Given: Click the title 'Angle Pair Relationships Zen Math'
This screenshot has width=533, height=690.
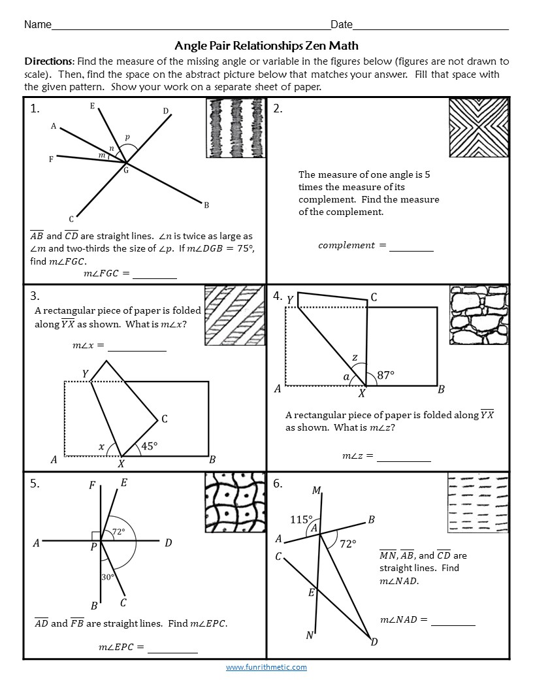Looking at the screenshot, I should [266, 46].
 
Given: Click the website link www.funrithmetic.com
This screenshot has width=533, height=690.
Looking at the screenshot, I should [266, 667].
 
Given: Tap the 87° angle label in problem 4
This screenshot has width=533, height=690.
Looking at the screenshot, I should [386, 375].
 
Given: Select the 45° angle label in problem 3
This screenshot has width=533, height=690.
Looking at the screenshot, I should [150, 446].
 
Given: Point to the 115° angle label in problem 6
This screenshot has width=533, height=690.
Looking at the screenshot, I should [301, 519].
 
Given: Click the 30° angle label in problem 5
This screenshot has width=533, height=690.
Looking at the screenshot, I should [108, 577].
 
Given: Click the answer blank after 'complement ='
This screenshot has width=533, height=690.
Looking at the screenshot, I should [411, 246].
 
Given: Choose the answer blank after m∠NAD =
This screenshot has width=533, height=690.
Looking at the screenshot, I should [453, 620].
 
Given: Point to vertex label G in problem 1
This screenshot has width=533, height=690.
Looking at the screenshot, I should [126, 171].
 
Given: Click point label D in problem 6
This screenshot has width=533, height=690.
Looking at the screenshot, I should [374, 642].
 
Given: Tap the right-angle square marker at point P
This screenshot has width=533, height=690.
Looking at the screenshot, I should [96, 536].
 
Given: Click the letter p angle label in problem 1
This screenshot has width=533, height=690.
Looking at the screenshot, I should [127, 137].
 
